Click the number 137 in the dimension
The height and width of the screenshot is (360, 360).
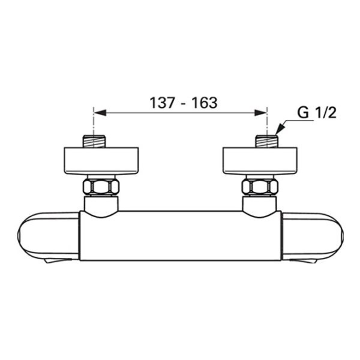[x=162, y=103]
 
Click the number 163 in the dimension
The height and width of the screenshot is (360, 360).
[x=205, y=103]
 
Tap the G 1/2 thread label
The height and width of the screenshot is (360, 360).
[x=317, y=113]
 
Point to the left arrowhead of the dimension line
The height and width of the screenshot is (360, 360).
[x=100, y=113]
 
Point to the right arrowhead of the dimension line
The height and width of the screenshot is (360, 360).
[x=260, y=113]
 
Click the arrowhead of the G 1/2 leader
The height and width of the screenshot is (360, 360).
[x=280, y=130]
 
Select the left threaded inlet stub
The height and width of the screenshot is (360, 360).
[x=94, y=142]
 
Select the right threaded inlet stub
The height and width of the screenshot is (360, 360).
[x=267, y=142]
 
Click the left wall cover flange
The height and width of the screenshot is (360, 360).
[x=101, y=161]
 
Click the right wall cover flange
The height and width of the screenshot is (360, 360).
[x=260, y=161]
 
